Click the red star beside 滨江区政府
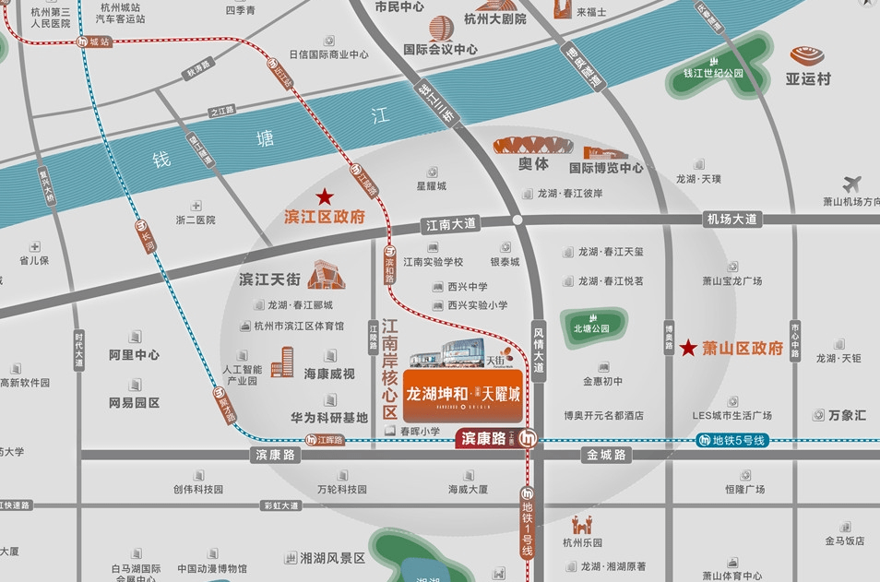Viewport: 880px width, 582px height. pyautogui.click(x=325, y=196)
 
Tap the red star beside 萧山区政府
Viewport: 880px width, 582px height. pyautogui.click(x=688, y=348)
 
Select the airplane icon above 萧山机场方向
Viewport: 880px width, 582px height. pyautogui.click(x=851, y=184)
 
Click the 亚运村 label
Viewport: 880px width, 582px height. pyautogui.click(x=808, y=78)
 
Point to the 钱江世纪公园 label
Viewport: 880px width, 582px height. pyautogui.click(x=713, y=73)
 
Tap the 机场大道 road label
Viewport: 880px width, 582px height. pyautogui.click(x=731, y=220)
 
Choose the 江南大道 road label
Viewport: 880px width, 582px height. pyautogui.click(x=450, y=224)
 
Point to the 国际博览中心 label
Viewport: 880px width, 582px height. pyautogui.click(x=606, y=168)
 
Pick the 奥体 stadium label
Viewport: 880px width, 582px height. pyautogui.click(x=533, y=164)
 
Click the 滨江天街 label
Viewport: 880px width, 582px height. pyautogui.click(x=270, y=278)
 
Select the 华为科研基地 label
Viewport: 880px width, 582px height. pyautogui.click(x=329, y=417)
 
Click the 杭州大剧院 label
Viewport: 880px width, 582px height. pyautogui.click(x=494, y=18)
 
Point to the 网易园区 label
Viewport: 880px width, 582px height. pyautogui.click(x=134, y=403)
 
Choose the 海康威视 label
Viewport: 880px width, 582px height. pyautogui.click(x=329, y=374)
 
